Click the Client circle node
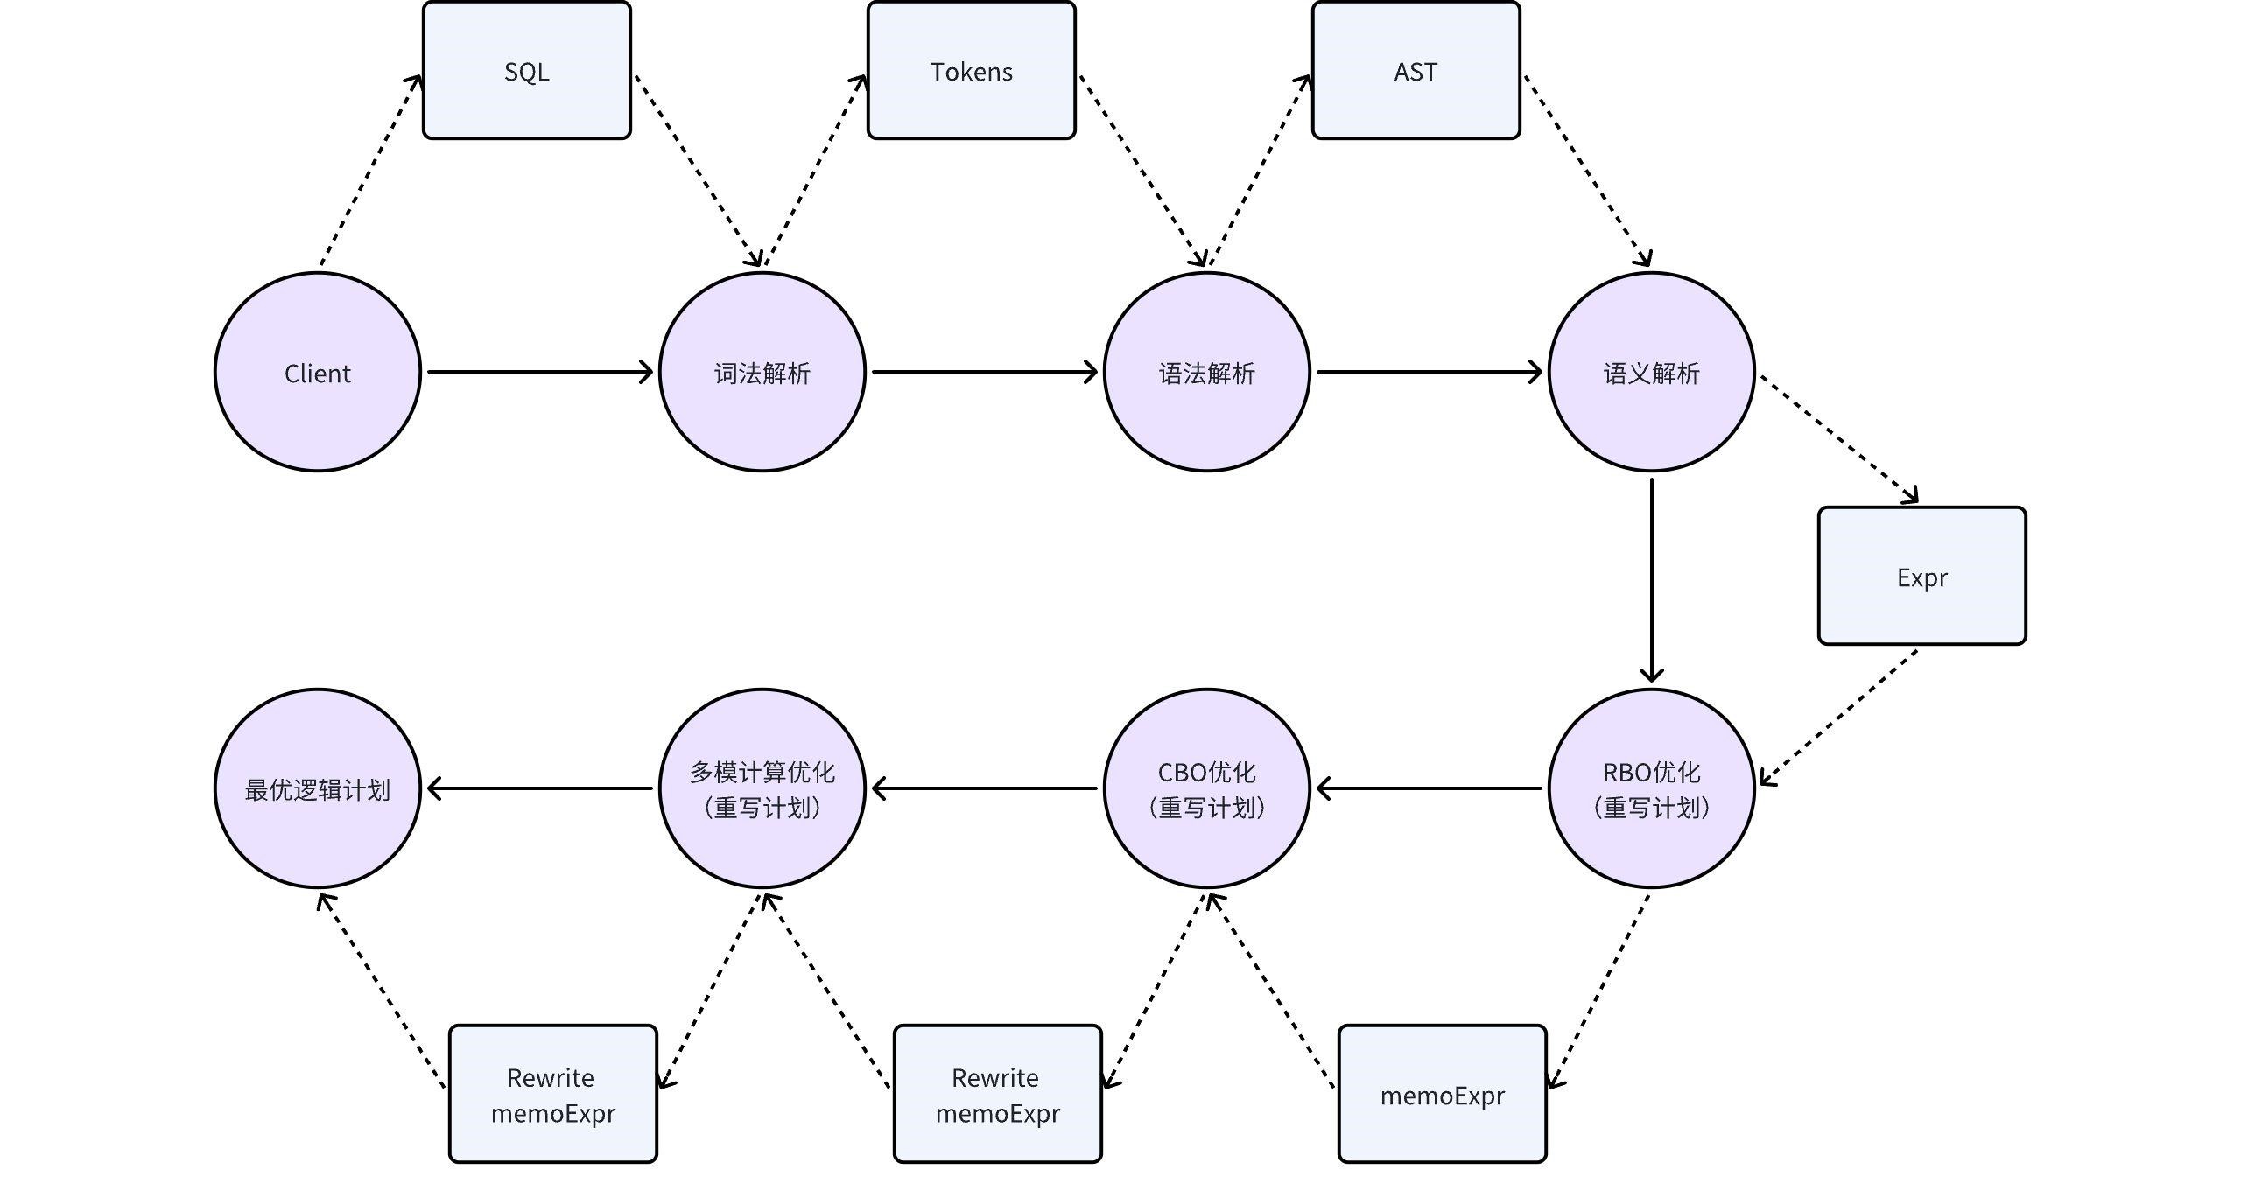tap(317, 372)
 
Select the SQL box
tap(526, 70)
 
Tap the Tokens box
tap(971, 70)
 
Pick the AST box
tap(1416, 70)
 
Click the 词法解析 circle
tap(762, 372)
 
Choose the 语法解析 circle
tap(1206, 372)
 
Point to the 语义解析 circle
tap(1651, 372)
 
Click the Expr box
tap(1921, 576)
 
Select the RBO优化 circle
tap(1651, 788)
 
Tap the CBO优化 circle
tap(1206, 788)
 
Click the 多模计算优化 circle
tap(762, 788)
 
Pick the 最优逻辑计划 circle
tap(317, 788)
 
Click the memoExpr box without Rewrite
tap(1442, 1094)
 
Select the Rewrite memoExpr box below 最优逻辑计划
tap(552, 1094)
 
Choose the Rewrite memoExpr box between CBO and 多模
tap(997, 1094)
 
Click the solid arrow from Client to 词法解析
tap(538, 372)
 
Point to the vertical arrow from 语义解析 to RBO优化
tap(1651, 577)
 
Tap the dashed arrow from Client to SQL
tap(370, 171)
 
